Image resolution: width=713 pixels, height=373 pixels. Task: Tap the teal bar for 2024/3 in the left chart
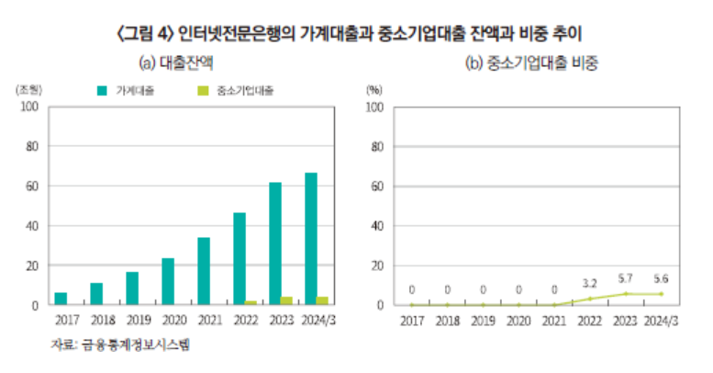[x=311, y=239]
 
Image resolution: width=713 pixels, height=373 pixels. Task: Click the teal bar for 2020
[x=168, y=281]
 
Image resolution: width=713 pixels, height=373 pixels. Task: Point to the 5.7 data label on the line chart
[x=626, y=278]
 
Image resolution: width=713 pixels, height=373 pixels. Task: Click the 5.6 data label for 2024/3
[x=662, y=278]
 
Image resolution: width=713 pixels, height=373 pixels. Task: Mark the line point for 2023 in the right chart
[x=626, y=294]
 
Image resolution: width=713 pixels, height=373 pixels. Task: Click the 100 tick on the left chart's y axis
[x=29, y=107]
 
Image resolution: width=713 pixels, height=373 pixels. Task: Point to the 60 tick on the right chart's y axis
[x=374, y=186]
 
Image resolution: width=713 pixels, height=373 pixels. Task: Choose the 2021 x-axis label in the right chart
[x=554, y=321]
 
